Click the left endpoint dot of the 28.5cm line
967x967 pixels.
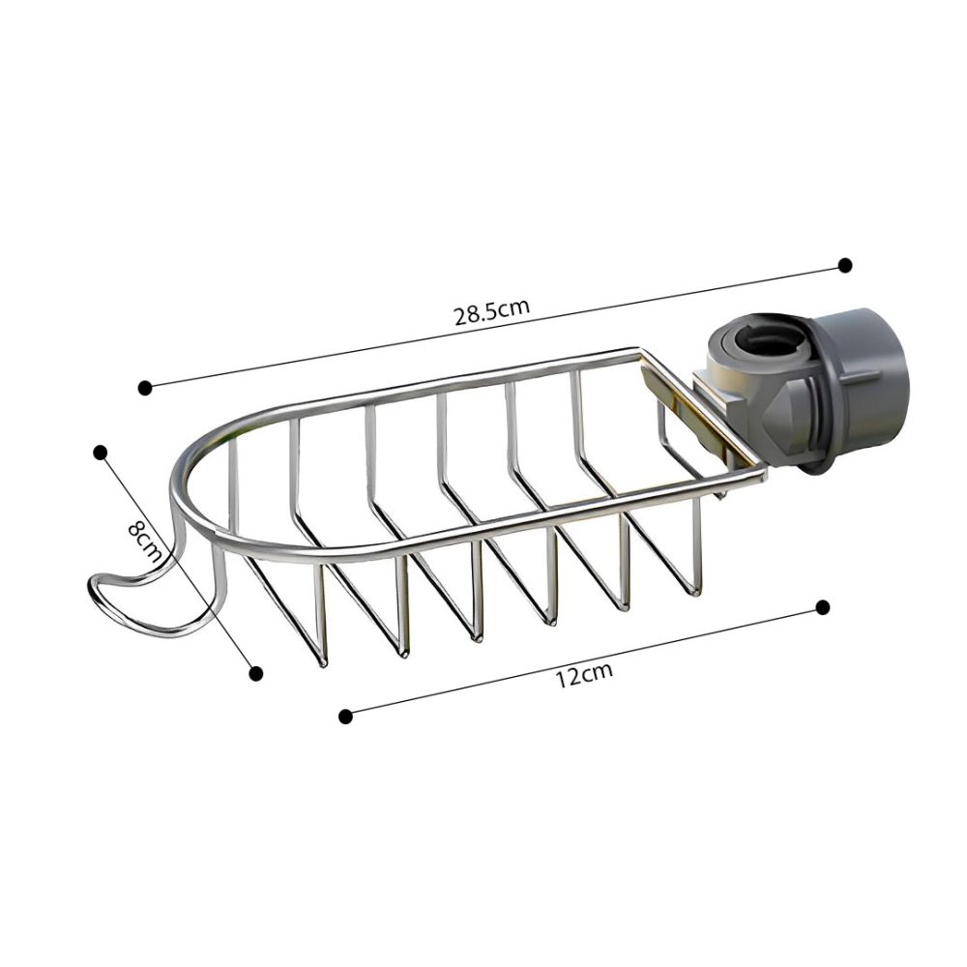pyautogui.click(x=145, y=388)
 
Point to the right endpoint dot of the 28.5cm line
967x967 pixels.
pyautogui.click(x=845, y=265)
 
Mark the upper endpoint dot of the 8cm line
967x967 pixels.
pyautogui.click(x=100, y=453)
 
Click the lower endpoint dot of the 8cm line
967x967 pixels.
pyautogui.click(x=256, y=673)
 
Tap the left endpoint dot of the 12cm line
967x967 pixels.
pyautogui.click(x=345, y=716)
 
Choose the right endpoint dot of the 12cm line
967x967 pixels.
pyautogui.click(x=822, y=607)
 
